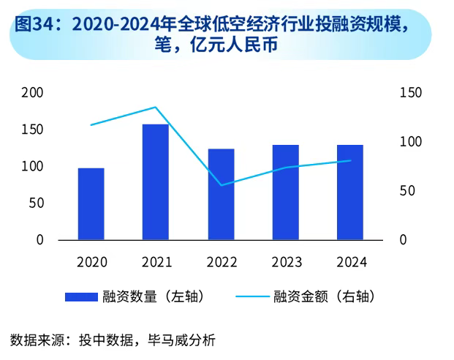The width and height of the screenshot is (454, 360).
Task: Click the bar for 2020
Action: [x=91, y=203]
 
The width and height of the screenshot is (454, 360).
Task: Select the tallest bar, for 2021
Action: [x=155, y=181]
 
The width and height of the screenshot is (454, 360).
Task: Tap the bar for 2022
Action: [x=221, y=194]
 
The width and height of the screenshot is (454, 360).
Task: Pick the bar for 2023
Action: [x=285, y=192]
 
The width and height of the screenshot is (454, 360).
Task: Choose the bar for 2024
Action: [x=350, y=192]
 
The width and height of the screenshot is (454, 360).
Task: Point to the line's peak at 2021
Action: [x=155, y=108]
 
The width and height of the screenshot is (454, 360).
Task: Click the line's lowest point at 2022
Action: [x=221, y=185]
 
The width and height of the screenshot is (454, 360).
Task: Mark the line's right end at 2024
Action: [x=350, y=160]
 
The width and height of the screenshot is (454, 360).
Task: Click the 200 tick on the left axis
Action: [x=34, y=93]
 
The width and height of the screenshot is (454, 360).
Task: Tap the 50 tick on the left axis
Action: [x=37, y=203]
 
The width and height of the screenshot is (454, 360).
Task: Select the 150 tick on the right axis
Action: [x=412, y=93]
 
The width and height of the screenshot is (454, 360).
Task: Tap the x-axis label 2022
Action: [x=221, y=262]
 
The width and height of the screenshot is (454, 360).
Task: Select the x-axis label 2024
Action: [x=350, y=262]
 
